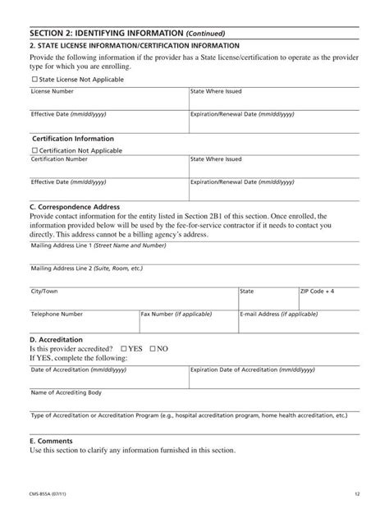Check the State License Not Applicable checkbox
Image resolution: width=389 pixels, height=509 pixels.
(x=34, y=80)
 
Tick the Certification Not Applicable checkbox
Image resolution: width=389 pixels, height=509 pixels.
(x=34, y=151)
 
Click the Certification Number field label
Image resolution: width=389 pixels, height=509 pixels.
(x=59, y=159)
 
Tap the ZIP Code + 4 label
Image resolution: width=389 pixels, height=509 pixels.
(x=317, y=291)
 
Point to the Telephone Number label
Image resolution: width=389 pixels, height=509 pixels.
(x=57, y=314)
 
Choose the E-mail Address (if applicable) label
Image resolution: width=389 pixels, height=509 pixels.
(x=279, y=314)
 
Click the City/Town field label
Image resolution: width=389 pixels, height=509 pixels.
(x=44, y=291)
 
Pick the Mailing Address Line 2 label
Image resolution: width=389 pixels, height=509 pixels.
(x=86, y=268)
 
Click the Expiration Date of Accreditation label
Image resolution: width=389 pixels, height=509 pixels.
(x=253, y=370)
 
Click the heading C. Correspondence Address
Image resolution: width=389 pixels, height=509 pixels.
(x=75, y=207)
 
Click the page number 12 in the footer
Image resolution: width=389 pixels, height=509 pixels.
(x=358, y=493)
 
